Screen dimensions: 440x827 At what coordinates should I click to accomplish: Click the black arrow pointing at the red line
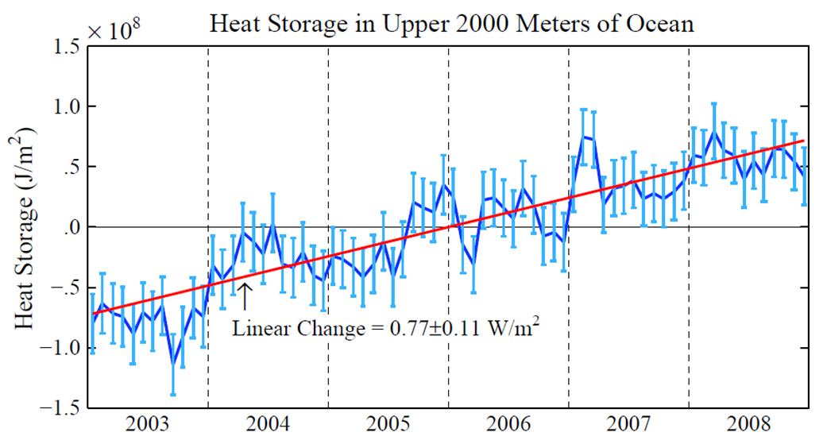(x=245, y=295)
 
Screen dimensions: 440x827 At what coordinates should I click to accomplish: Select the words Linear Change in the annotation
(x=292, y=328)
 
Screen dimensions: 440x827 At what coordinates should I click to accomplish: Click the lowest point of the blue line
(x=173, y=365)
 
